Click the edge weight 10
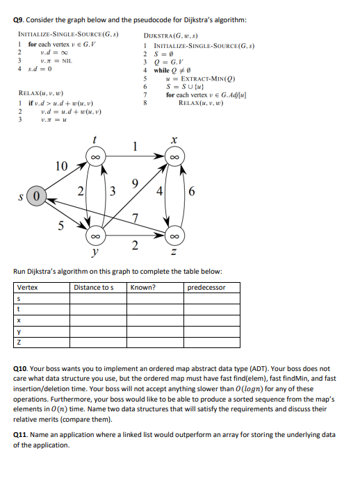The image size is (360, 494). tap(62, 165)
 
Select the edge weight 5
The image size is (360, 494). tap(61, 224)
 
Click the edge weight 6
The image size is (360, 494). tap(193, 191)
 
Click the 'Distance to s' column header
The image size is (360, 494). tap(93, 287)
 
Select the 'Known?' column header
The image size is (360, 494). tap(143, 287)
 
